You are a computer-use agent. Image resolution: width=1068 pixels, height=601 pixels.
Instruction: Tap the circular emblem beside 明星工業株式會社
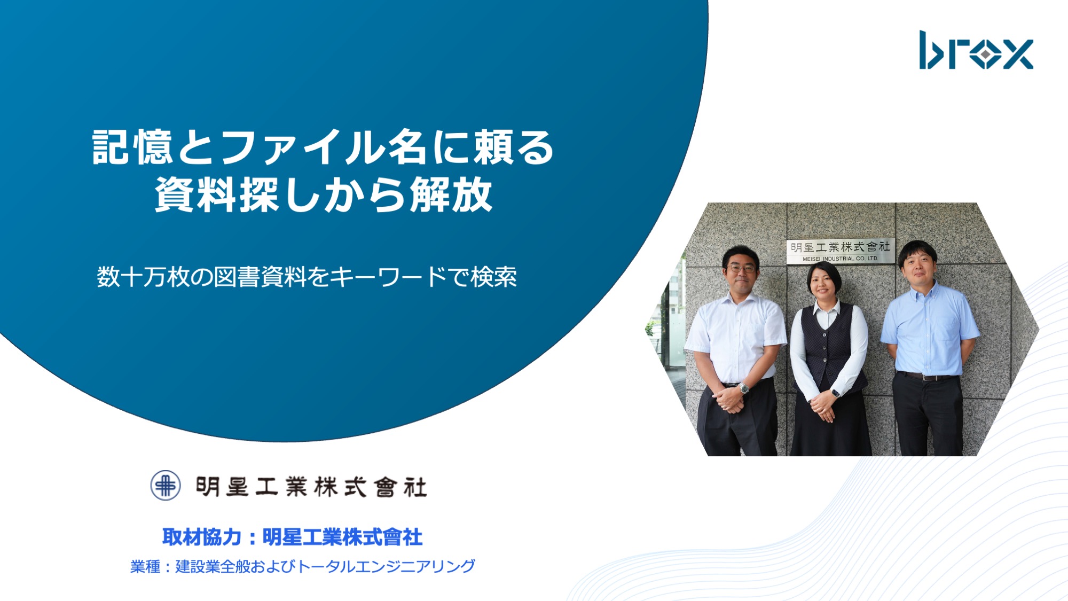tap(165, 485)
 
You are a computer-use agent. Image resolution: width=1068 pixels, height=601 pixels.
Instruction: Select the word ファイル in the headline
tap(302, 147)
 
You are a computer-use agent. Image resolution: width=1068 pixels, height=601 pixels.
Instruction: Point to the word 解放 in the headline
tap(451, 194)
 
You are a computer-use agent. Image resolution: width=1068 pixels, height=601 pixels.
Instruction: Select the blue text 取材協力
tap(202, 537)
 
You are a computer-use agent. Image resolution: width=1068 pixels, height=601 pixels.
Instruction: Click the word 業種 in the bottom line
tap(145, 566)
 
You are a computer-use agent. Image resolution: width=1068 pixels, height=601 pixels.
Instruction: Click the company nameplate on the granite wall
tap(841, 251)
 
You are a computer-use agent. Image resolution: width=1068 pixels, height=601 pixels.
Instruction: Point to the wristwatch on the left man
tap(744, 388)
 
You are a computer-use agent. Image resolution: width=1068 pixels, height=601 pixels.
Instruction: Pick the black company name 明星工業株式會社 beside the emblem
tap(311, 487)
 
